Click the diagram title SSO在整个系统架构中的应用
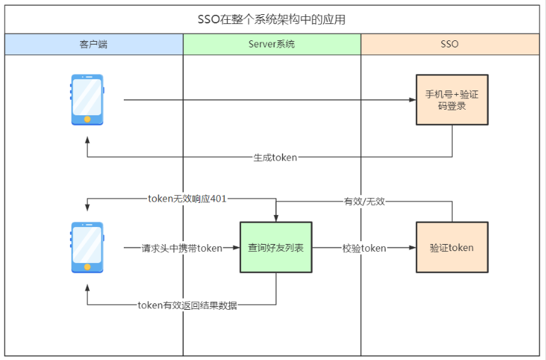[x=272, y=20]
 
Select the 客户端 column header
[x=93, y=44]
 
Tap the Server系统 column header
[x=272, y=44]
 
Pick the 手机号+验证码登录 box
[x=451, y=100]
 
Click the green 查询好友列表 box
[x=276, y=248]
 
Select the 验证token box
[x=451, y=248]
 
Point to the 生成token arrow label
[x=275, y=157]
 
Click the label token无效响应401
[x=187, y=199]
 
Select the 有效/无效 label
[x=364, y=202]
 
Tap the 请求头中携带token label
[x=182, y=248]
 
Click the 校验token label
[x=364, y=248]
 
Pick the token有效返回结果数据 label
[x=187, y=306]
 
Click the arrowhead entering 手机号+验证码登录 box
[x=412, y=100]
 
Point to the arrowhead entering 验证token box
[x=412, y=248]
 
